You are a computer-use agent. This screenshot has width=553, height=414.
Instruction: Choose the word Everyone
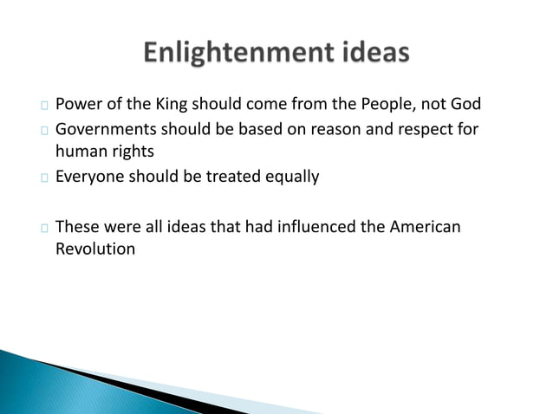[x=91, y=178]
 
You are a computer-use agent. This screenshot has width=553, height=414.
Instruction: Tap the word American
[x=426, y=227]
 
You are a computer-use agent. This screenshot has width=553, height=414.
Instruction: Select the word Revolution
[x=95, y=249]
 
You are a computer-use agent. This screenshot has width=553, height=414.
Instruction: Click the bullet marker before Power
[x=43, y=107]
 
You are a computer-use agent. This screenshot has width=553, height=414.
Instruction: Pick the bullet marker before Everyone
[x=43, y=178]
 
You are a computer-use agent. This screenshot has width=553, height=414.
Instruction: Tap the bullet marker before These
[x=43, y=228]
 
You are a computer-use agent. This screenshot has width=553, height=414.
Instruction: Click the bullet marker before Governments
[x=43, y=131]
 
